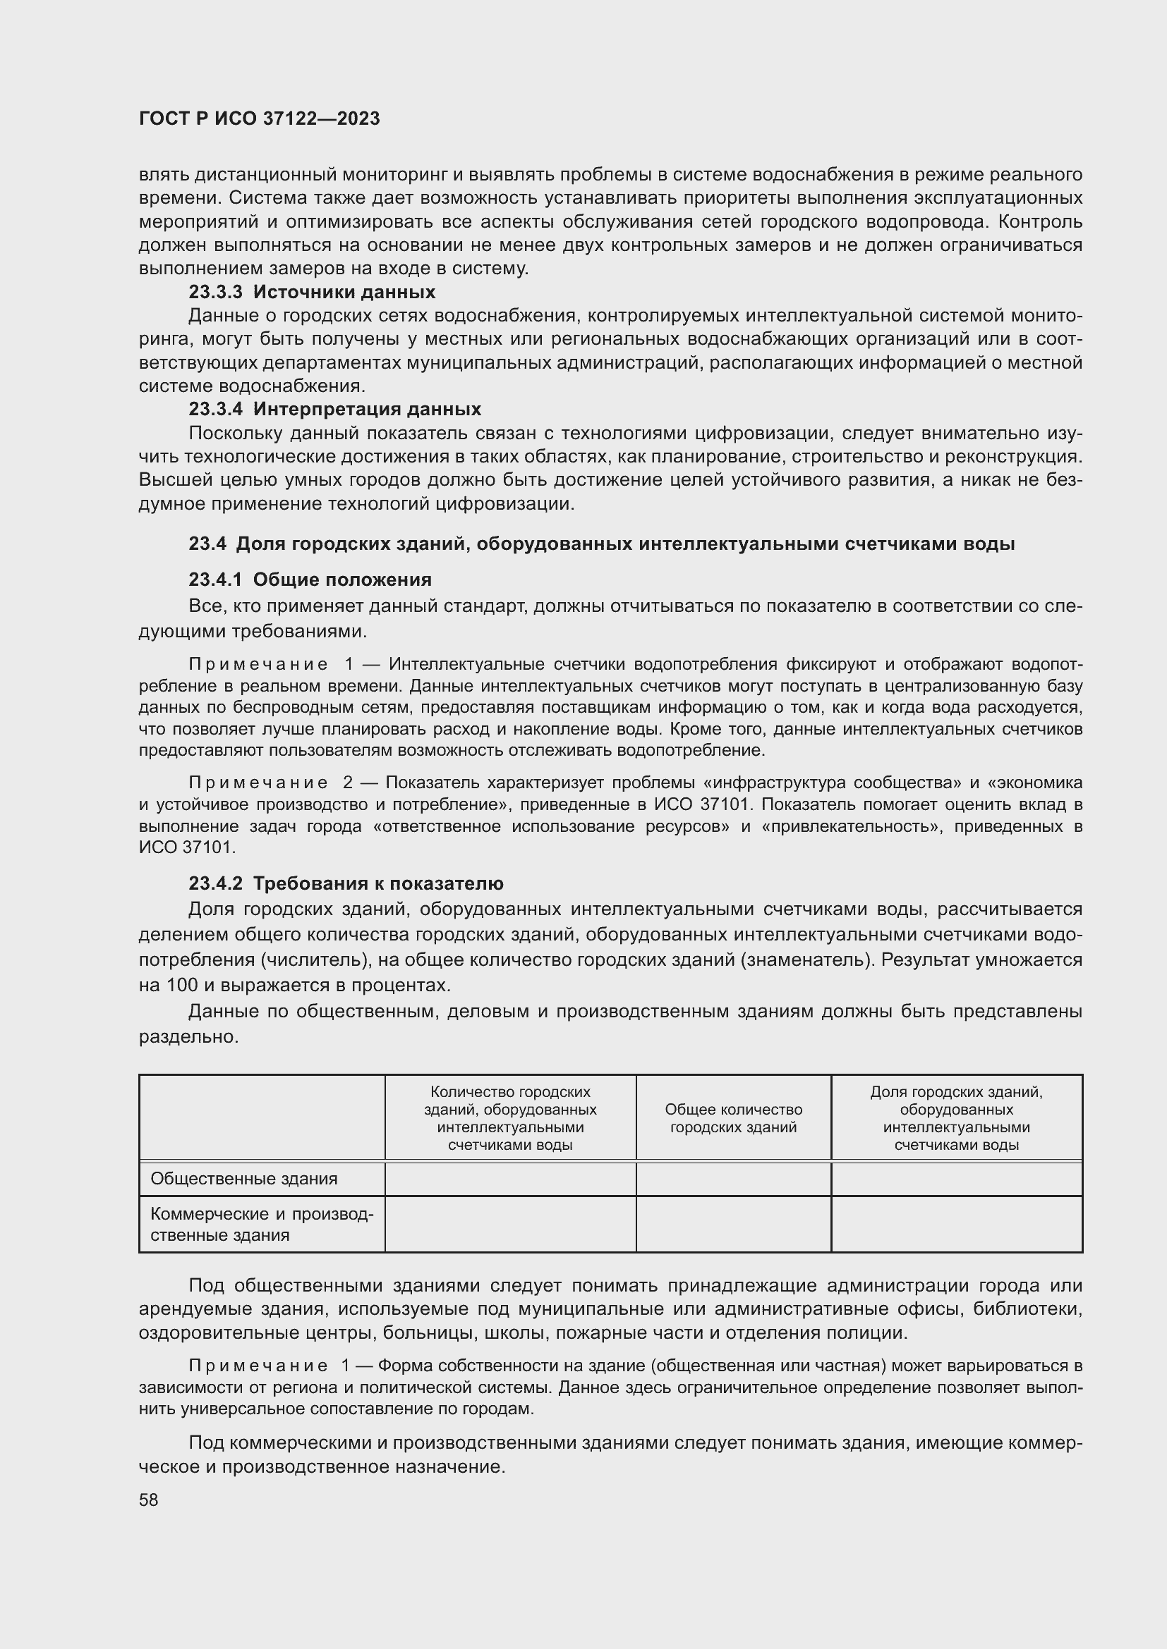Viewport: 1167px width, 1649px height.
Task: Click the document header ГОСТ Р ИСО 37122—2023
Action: point(260,118)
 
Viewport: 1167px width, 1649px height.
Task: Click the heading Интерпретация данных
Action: point(367,410)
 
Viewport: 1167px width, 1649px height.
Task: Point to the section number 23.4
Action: point(207,544)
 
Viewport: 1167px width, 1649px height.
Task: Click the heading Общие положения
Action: point(342,580)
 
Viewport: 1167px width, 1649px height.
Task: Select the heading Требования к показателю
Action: point(378,883)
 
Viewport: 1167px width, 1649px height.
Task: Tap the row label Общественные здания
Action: point(243,1179)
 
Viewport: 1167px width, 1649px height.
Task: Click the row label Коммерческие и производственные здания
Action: point(262,1225)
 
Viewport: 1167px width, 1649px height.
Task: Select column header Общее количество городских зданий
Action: point(733,1118)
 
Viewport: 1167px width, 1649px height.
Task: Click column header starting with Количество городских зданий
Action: point(510,1118)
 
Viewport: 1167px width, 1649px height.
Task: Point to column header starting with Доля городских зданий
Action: point(957,1118)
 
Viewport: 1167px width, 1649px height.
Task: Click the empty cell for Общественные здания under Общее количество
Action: point(733,1179)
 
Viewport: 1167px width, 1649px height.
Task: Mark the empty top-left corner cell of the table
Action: point(262,1117)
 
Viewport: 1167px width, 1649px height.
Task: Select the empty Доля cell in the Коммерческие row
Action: point(957,1225)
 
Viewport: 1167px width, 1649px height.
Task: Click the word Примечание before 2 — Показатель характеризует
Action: point(258,782)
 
